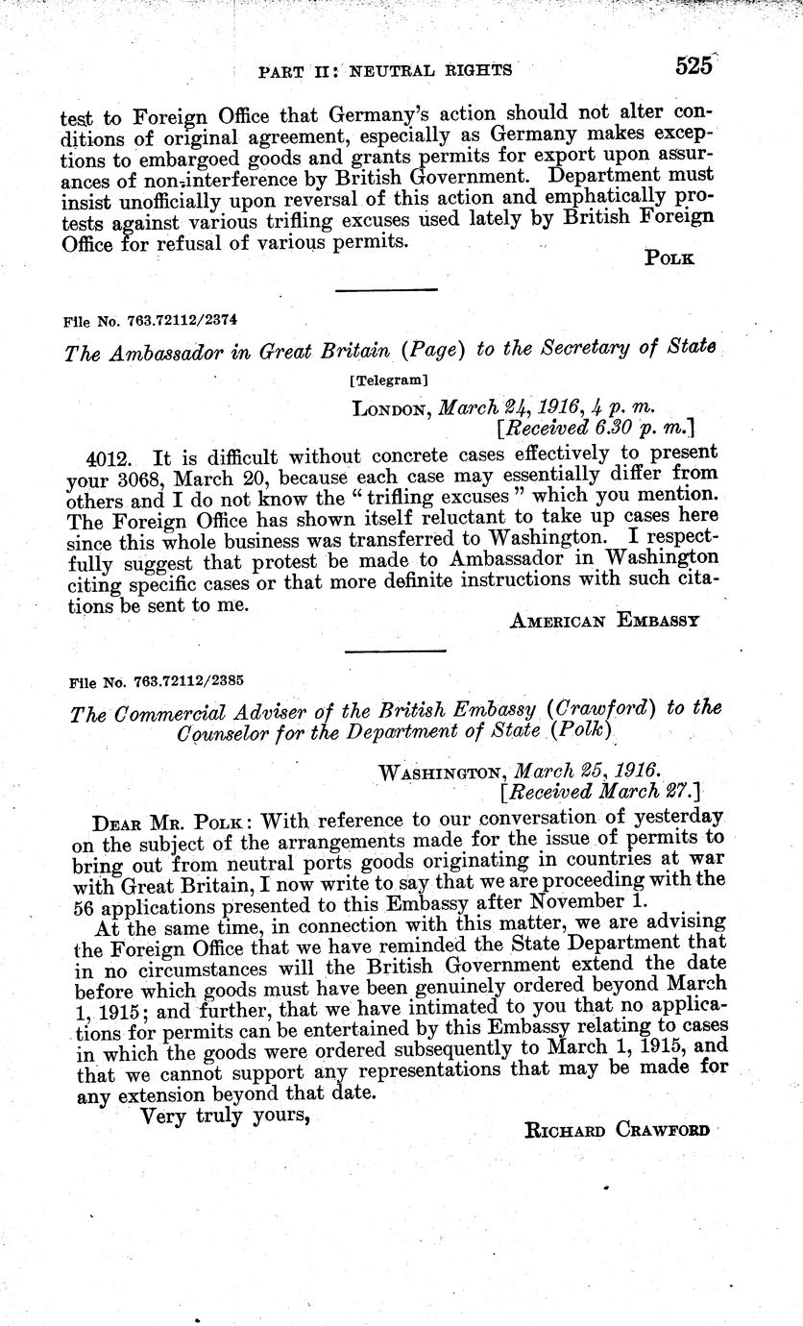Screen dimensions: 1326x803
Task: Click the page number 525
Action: pyautogui.click(x=693, y=65)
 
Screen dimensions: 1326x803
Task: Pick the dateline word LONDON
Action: pyautogui.click(x=392, y=408)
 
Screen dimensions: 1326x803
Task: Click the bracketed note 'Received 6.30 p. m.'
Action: pyautogui.click(x=595, y=426)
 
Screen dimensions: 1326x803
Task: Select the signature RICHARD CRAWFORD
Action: pyautogui.click(x=616, y=1131)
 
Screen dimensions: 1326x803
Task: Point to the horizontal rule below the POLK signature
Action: pyautogui.click(x=385, y=290)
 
